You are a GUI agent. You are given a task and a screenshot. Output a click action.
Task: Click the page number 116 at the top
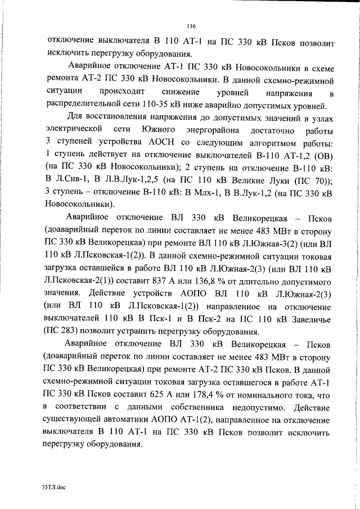tap(190, 25)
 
